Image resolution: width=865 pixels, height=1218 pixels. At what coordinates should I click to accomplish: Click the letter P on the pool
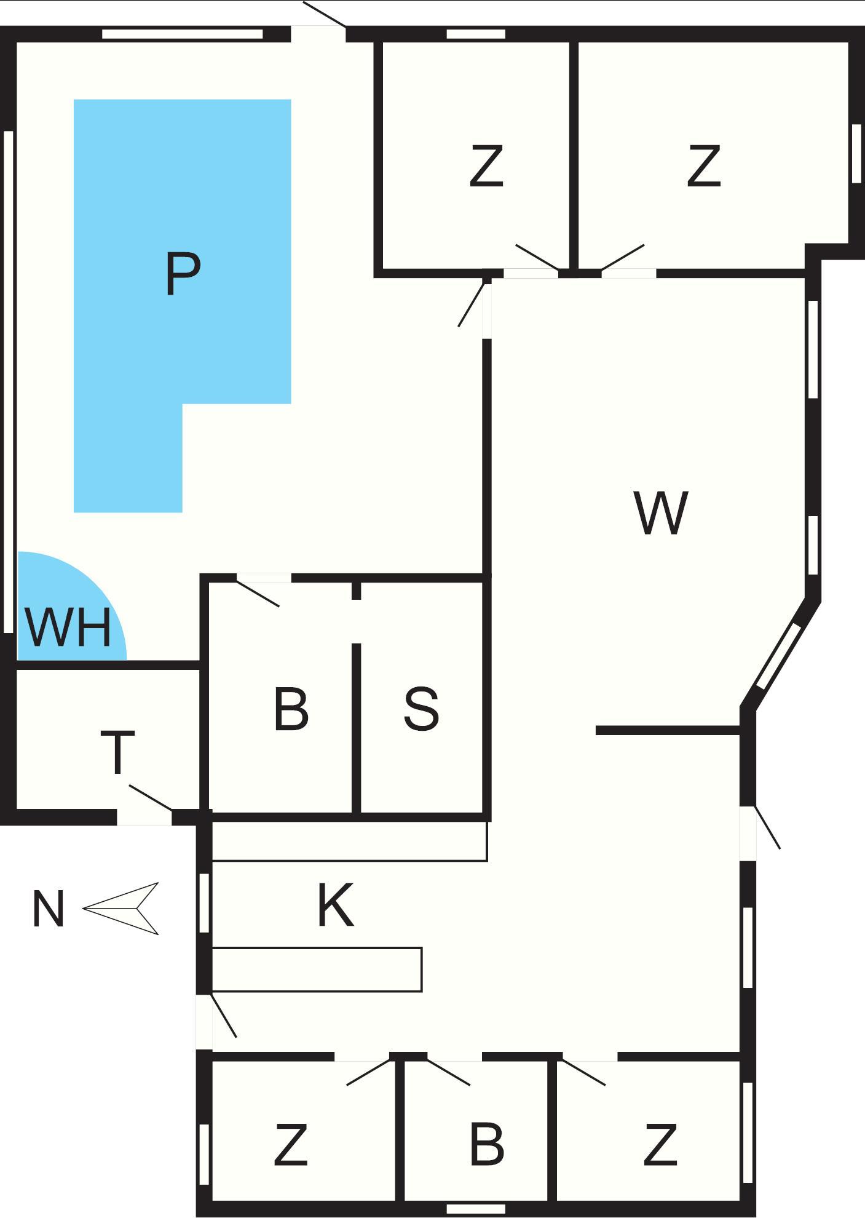(x=183, y=274)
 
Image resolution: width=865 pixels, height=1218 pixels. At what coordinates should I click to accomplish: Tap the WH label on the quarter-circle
(x=69, y=627)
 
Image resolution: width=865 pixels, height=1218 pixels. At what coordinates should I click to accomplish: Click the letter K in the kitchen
(x=336, y=904)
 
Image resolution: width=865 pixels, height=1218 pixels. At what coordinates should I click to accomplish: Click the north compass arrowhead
(x=121, y=909)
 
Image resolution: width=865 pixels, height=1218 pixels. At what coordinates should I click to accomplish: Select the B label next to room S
(x=291, y=709)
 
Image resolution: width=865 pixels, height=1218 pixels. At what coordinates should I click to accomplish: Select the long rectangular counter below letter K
(x=317, y=969)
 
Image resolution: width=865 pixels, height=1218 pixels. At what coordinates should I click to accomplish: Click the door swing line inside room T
(x=150, y=798)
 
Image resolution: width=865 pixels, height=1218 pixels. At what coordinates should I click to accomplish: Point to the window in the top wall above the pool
(x=183, y=34)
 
